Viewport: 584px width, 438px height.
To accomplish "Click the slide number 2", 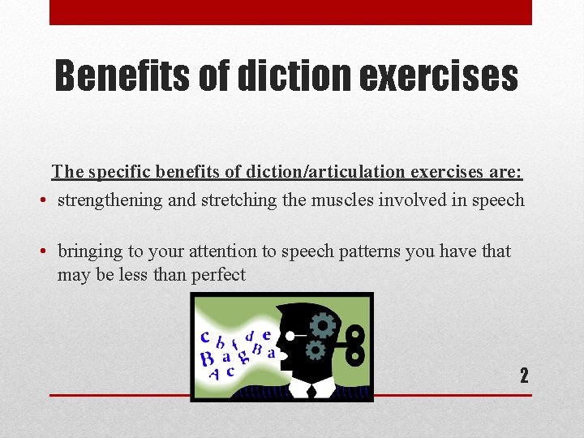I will [524, 375].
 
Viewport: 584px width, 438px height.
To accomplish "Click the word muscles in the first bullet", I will [343, 200].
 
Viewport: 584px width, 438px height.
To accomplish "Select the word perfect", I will [218, 275].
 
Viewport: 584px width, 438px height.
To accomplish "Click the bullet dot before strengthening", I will [41, 201].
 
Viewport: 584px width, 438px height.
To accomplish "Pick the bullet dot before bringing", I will [41, 252].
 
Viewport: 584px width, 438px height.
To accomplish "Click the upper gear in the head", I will [324, 325].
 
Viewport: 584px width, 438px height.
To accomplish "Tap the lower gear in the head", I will [315, 350].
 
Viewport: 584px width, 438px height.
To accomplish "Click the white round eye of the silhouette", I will [290, 333].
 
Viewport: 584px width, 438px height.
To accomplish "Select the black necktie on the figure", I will [311, 391].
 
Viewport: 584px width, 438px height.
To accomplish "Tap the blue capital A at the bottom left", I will [214, 375].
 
